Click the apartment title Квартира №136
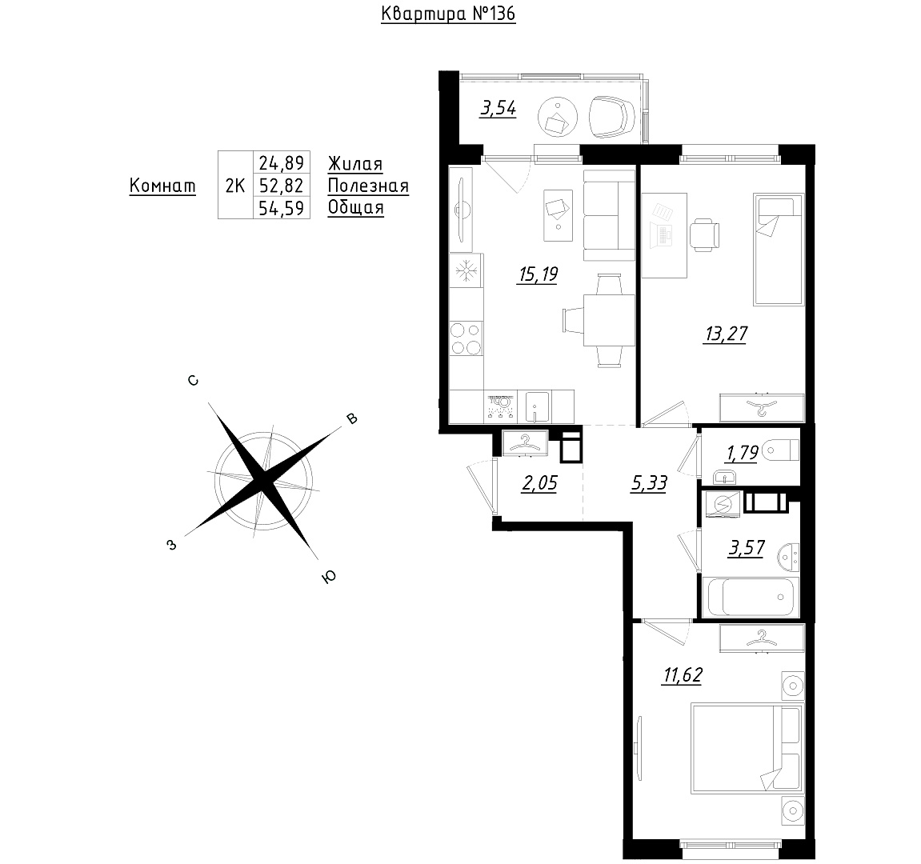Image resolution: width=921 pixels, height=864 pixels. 448,14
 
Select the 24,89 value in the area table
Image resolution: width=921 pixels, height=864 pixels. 282,162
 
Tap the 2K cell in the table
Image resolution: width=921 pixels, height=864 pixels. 235,186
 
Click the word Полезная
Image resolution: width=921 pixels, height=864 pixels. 368,186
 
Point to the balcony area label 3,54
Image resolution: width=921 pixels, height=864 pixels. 498,108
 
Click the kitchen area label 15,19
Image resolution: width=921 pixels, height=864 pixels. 538,274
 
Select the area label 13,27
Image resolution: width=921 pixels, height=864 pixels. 726,334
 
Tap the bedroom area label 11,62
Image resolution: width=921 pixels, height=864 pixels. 683,675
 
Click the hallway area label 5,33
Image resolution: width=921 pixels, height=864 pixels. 648,483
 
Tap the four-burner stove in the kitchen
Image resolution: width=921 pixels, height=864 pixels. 466,338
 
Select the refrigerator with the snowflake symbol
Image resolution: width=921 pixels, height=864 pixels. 466,270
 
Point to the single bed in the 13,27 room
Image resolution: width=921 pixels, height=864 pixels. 779,250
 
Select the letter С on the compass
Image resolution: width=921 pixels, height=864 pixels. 193,381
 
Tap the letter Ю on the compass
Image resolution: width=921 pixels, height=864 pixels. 330,577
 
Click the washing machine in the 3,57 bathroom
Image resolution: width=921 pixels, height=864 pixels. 723,505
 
